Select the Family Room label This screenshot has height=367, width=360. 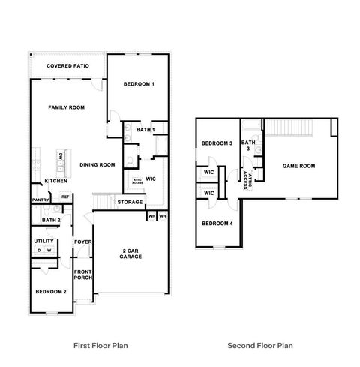[66, 107]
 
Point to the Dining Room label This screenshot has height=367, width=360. [97, 164]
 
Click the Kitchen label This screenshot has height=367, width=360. [56, 181]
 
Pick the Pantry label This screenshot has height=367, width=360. [40, 200]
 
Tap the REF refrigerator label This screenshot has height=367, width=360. [65, 197]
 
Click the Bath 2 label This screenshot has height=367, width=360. [51, 220]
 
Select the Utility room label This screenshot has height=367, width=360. [44, 241]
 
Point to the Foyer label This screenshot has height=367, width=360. [82, 241]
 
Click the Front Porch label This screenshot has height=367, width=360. [82, 274]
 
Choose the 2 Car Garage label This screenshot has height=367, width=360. [132, 253]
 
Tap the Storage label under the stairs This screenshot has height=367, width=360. [130, 202]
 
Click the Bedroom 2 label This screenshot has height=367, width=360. [51, 291]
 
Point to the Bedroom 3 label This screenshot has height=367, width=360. [216, 143]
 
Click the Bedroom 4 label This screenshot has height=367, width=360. [216, 223]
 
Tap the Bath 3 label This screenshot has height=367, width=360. [249, 145]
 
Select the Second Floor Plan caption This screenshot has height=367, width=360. [260, 346]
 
